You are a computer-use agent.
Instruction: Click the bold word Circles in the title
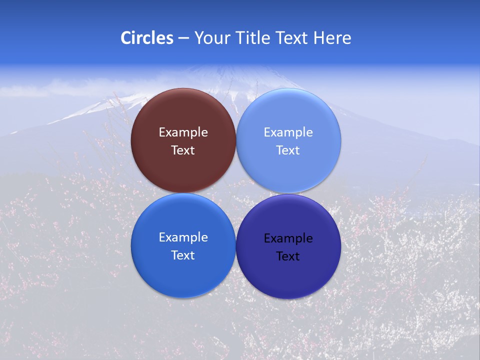click(146, 38)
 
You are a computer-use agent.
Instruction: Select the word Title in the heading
click(252, 38)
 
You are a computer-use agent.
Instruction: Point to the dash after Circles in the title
click(183, 38)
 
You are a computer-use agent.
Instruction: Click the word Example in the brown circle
click(183, 132)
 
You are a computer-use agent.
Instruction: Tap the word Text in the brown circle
click(183, 150)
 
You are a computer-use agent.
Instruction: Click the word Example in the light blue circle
click(288, 132)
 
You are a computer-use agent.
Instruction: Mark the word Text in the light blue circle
click(288, 150)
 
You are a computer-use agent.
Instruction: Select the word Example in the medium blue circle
click(183, 237)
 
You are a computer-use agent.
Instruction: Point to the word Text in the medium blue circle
click(183, 255)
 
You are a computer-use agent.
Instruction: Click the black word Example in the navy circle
click(288, 238)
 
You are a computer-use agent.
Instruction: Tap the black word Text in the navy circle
click(288, 256)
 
